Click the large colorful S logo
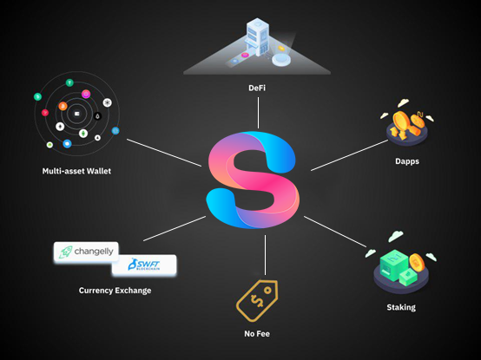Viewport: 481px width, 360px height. pos(253,180)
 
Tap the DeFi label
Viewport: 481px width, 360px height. pos(257,88)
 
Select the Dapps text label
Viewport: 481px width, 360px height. pos(407,161)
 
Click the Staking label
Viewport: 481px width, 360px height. pos(401,307)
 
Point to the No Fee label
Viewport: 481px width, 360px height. pos(257,334)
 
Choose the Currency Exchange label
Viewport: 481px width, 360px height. pos(115,291)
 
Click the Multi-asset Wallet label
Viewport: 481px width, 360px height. pos(76,171)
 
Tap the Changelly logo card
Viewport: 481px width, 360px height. pos(86,252)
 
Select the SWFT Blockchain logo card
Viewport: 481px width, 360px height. pos(144,265)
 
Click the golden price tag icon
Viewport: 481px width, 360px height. pos(257,300)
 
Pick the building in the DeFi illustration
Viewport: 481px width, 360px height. pos(258,37)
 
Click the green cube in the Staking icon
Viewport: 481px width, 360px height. pos(394,265)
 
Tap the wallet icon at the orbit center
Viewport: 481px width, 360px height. pos(76,114)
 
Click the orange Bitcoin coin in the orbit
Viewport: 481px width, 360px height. pos(63,106)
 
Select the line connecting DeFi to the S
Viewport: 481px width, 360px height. pos(258,113)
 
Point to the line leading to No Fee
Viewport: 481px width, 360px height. pos(266,255)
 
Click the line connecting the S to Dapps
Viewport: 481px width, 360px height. pos(349,155)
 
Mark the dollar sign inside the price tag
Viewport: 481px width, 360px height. pos(257,300)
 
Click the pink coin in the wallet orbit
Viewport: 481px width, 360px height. pos(86,94)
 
